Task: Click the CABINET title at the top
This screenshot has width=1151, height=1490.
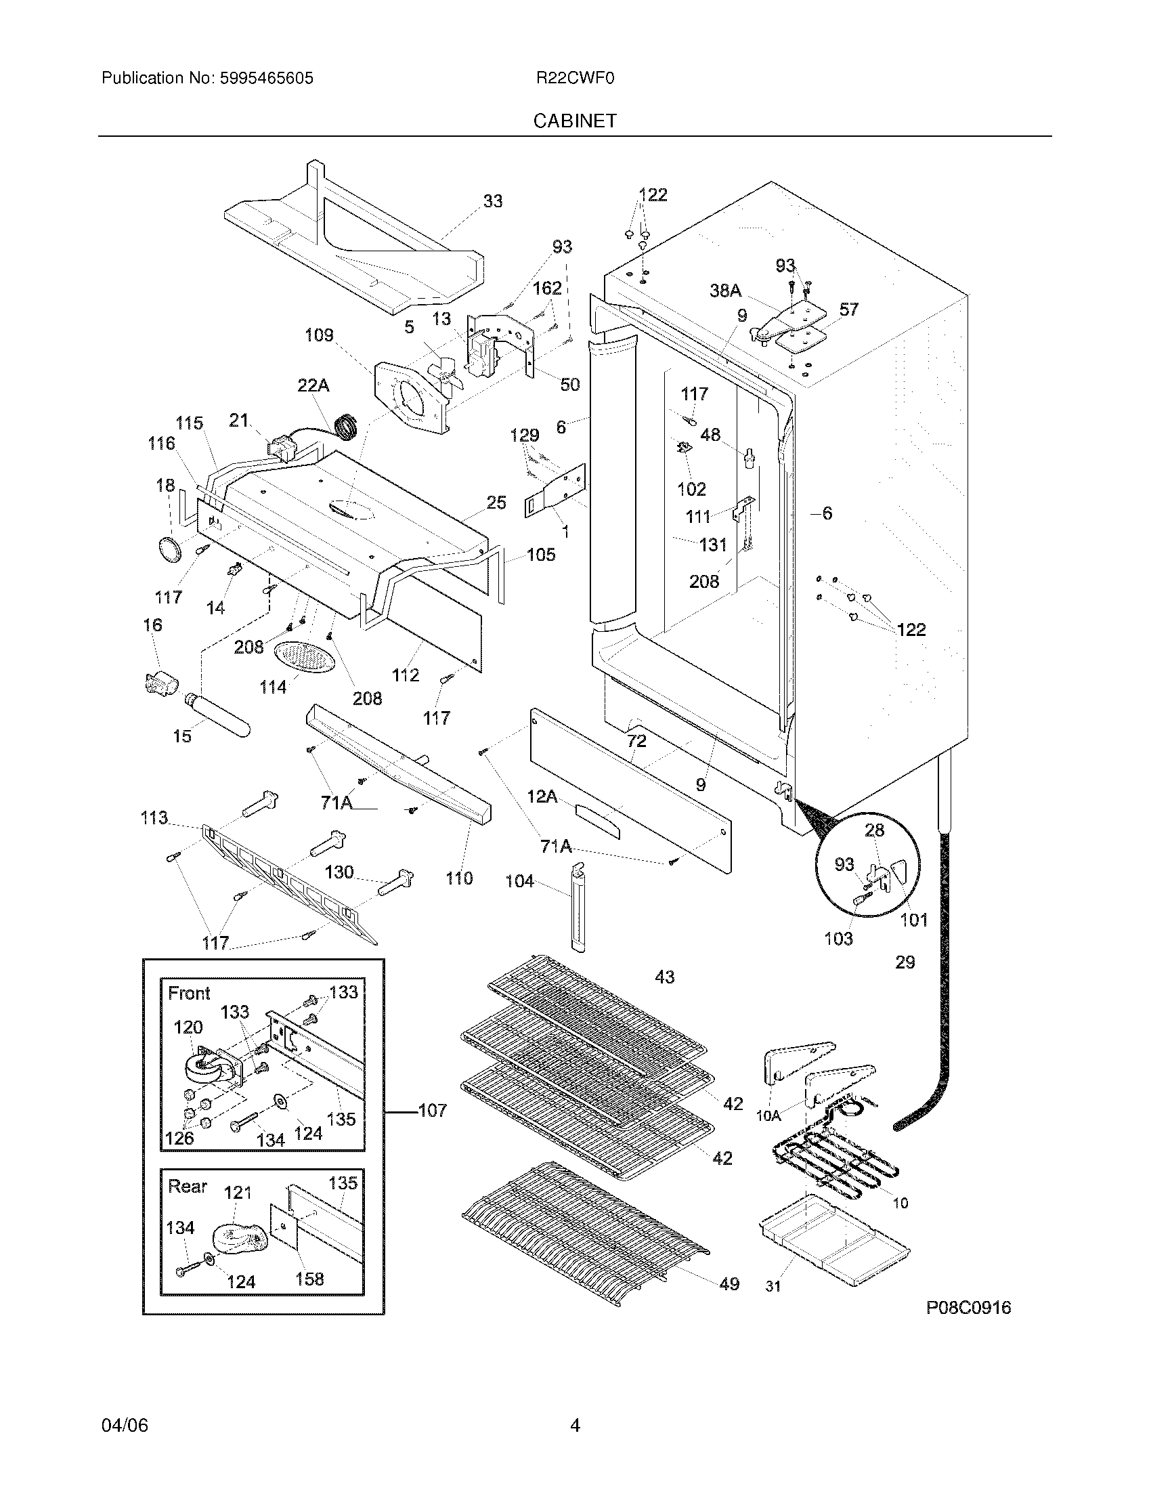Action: pyautogui.click(x=574, y=121)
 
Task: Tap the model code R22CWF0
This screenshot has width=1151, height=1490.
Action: pyautogui.click(x=575, y=79)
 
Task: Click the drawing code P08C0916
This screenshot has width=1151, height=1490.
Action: pyautogui.click(x=968, y=1307)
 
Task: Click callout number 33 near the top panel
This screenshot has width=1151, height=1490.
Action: pyautogui.click(x=492, y=201)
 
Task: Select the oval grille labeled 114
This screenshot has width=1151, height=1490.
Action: pyautogui.click(x=305, y=658)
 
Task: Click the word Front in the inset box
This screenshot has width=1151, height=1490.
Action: pyautogui.click(x=189, y=994)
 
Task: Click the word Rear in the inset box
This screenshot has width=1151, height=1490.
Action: pyautogui.click(x=187, y=1187)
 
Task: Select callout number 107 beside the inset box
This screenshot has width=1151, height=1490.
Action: pyautogui.click(x=433, y=1110)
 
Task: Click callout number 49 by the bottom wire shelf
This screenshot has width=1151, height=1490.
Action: pyautogui.click(x=729, y=1284)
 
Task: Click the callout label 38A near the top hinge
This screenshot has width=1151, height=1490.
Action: pyautogui.click(x=725, y=291)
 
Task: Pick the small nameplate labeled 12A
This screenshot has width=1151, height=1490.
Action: pyautogui.click(x=598, y=821)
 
